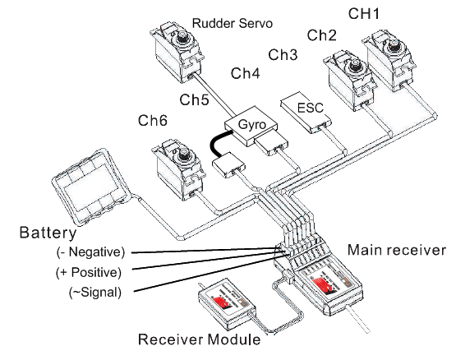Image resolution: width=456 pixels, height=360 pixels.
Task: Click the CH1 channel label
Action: [364, 14]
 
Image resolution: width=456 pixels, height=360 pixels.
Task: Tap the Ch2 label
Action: [321, 35]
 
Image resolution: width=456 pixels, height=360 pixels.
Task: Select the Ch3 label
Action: [283, 54]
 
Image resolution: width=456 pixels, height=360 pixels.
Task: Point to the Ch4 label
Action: [245, 73]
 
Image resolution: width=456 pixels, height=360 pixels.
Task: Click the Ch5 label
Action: [194, 99]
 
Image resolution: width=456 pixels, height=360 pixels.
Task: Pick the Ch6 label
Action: [153, 121]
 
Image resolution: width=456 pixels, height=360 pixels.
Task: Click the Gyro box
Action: [251, 126]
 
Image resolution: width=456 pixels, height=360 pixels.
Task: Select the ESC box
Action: [306, 112]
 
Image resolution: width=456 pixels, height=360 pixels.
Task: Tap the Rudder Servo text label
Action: [233, 23]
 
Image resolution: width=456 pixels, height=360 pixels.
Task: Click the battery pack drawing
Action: [90, 187]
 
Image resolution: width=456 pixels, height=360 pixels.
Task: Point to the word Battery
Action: [48, 233]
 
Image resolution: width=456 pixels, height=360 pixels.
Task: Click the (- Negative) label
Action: [90, 252]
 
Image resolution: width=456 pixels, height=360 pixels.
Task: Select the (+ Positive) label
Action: [89, 272]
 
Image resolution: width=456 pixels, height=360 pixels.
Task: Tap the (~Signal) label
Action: [95, 292]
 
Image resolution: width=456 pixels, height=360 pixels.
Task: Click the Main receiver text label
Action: [397, 250]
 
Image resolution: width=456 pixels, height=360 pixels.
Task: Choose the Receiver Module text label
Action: [199, 339]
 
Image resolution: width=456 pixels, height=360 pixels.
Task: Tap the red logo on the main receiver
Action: [325, 284]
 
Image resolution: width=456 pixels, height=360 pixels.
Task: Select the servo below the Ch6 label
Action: [178, 170]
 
